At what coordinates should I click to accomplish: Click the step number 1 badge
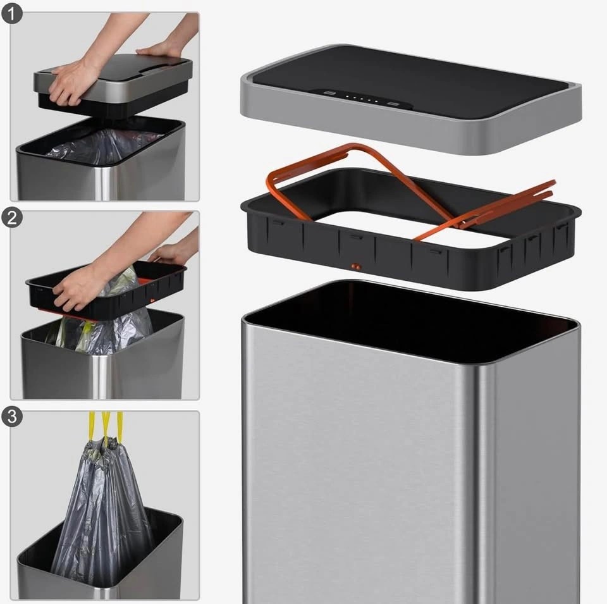pos(11,14)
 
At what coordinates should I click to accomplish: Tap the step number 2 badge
pos(11,218)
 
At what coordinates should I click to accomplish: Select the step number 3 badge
pos(11,417)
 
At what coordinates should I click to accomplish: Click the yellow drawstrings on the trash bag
pos(106,426)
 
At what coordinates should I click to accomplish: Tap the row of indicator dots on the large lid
pos(362,99)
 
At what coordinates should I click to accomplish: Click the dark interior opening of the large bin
pos(410,321)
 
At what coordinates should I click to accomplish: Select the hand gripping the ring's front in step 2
pos(77,286)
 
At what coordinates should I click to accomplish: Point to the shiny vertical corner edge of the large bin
pos(489,484)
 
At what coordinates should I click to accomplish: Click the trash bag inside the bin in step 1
pos(104,145)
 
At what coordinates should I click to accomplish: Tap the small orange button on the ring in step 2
pos(152,300)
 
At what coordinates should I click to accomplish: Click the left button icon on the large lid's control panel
pos(329,94)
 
